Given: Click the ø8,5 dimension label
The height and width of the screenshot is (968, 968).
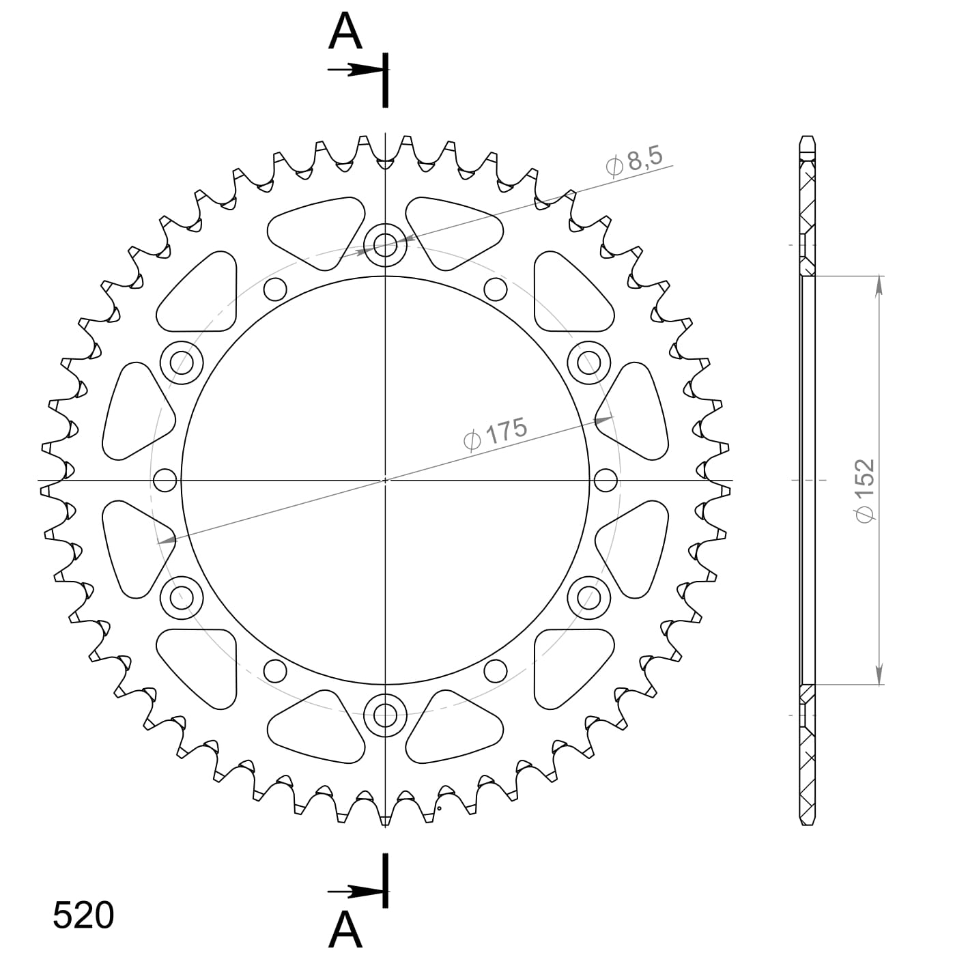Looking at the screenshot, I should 634,162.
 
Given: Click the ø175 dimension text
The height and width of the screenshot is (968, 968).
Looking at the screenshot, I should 496,434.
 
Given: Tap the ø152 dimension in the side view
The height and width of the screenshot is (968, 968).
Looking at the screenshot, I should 865,490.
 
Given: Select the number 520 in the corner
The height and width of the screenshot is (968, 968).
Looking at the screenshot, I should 83,915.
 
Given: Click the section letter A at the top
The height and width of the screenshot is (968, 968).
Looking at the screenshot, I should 345,33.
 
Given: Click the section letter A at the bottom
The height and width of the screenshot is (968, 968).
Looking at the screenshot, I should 345,930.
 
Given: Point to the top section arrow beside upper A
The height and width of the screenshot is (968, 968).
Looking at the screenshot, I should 355,70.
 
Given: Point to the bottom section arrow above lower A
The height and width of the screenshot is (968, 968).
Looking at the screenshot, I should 355,892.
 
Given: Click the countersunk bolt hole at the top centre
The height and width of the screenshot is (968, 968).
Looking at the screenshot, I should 385,244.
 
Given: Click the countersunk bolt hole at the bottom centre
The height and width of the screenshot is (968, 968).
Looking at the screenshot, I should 385,715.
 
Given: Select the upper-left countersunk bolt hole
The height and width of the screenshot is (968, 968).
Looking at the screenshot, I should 182,361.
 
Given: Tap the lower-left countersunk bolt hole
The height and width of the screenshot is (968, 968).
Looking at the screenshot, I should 182,597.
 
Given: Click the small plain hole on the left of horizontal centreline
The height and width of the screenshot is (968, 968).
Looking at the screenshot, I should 165,480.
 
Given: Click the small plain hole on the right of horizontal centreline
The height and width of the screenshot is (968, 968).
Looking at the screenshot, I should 606,480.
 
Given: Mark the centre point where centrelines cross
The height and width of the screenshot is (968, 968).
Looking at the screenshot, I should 385,480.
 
